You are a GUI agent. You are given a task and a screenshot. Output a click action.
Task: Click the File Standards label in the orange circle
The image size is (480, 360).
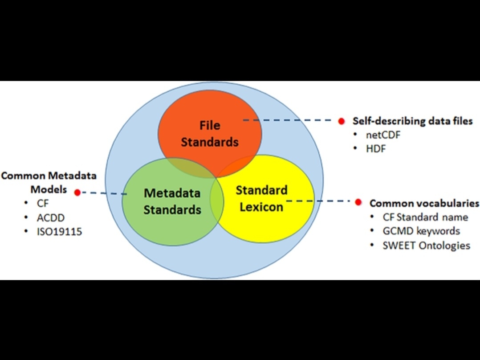point(210,134)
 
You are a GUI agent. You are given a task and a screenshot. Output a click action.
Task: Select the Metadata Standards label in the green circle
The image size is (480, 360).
point(172,201)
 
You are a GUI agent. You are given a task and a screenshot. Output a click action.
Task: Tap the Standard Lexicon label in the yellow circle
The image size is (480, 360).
point(261,198)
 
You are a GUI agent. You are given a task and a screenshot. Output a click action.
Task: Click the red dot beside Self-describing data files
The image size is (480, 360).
point(341,121)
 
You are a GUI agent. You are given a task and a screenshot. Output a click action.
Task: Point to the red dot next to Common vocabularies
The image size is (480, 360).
point(358,202)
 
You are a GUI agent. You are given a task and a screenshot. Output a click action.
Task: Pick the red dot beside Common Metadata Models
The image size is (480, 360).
point(77,192)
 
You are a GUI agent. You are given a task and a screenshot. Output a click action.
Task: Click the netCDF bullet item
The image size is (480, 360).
point(382,135)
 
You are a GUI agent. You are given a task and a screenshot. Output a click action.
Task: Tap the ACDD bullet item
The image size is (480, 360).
point(51,217)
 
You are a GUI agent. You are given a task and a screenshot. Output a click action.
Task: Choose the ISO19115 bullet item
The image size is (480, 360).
point(59,231)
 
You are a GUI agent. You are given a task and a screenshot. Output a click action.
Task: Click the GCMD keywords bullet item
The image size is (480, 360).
point(421,231)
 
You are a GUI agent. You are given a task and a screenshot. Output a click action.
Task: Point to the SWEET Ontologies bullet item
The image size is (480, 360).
point(426,245)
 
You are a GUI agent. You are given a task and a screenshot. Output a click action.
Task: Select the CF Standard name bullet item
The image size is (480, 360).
point(425,217)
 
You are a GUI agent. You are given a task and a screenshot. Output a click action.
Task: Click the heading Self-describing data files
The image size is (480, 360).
point(412,121)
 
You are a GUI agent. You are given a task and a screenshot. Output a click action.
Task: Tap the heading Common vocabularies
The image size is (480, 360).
point(424,203)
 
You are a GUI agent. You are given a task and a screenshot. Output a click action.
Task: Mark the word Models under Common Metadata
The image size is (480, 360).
point(49,189)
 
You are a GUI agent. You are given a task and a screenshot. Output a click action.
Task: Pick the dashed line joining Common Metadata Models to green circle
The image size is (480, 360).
point(105,193)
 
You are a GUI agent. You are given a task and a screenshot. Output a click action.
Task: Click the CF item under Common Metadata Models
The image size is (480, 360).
point(43,204)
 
